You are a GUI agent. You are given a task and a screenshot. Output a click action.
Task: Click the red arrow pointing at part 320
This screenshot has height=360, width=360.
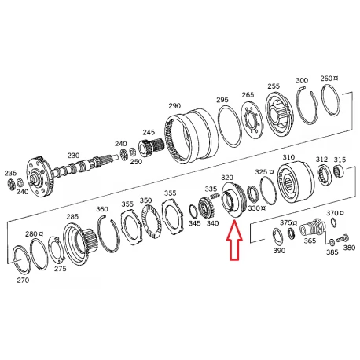point(234,241)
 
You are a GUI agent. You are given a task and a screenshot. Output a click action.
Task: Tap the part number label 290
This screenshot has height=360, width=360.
point(174,106)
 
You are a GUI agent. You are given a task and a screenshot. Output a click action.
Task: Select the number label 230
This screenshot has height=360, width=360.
point(73,156)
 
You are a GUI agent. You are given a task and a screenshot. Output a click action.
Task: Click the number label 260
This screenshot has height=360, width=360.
point(326,79)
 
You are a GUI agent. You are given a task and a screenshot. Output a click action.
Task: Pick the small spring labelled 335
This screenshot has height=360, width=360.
point(215,195)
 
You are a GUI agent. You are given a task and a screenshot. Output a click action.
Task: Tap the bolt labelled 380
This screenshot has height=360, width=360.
point(342,238)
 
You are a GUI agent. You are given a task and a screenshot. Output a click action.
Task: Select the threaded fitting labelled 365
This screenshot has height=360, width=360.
point(314,228)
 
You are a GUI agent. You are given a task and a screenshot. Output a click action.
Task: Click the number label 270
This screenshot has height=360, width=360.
point(23,281)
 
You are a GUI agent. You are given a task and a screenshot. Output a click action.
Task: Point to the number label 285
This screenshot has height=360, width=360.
point(72,217)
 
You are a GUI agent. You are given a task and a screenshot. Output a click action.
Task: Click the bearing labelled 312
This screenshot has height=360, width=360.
point(324,174)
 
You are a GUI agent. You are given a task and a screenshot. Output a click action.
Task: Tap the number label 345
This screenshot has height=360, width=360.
point(194,223)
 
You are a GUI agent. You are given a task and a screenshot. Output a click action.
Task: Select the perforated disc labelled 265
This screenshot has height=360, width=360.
point(252,121)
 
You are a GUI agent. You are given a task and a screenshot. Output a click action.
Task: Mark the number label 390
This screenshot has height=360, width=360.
point(279,251)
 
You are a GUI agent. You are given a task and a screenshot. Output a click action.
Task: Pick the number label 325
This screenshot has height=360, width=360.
point(261,172)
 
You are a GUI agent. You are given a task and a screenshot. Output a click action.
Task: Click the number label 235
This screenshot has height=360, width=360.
point(10,173)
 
